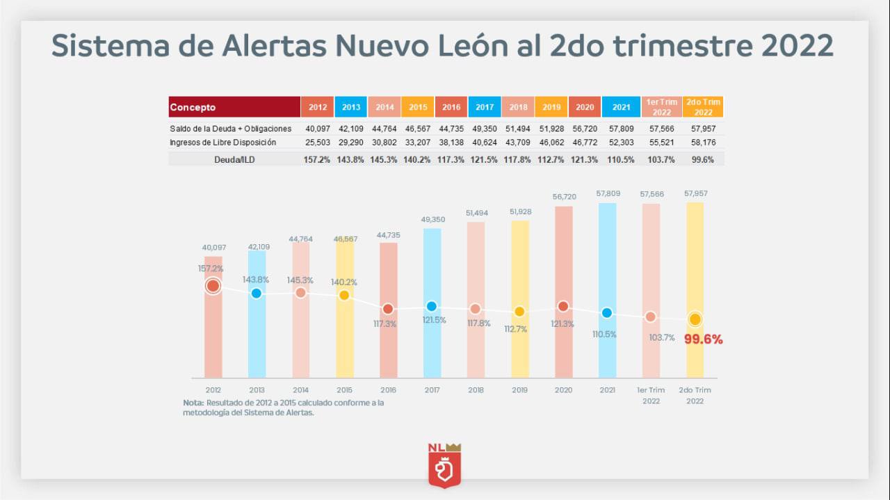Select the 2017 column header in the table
485,107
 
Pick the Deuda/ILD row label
232,159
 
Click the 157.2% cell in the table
318,159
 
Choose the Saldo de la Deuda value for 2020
585,129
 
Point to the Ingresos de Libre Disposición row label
222,143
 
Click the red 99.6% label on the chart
703,339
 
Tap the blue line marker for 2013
257,293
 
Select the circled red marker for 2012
213,286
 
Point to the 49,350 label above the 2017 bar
432,220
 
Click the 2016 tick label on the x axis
388,390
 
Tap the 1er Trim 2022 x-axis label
651,395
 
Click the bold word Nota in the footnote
193,403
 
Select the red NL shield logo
445,465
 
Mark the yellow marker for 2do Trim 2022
695,320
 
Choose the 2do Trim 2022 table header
703,107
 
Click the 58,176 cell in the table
703,143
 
